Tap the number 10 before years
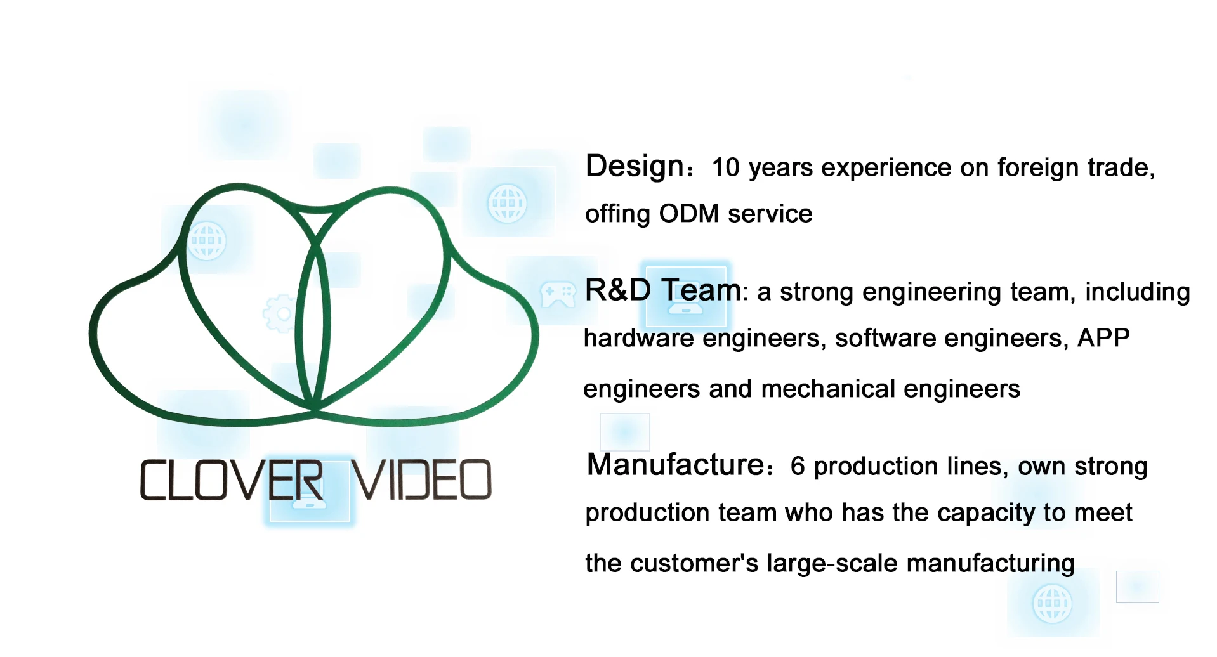(x=726, y=168)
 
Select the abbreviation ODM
(x=688, y=214)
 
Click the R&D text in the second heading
(x=617, y=290)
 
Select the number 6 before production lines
(x=798, y=467)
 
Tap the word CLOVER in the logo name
(x=231, y=480)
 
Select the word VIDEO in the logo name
(x=421, y=480)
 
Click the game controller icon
(x=557, y=295)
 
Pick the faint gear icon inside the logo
(x=279, y=313)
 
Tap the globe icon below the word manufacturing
(x=1052, y=604)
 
